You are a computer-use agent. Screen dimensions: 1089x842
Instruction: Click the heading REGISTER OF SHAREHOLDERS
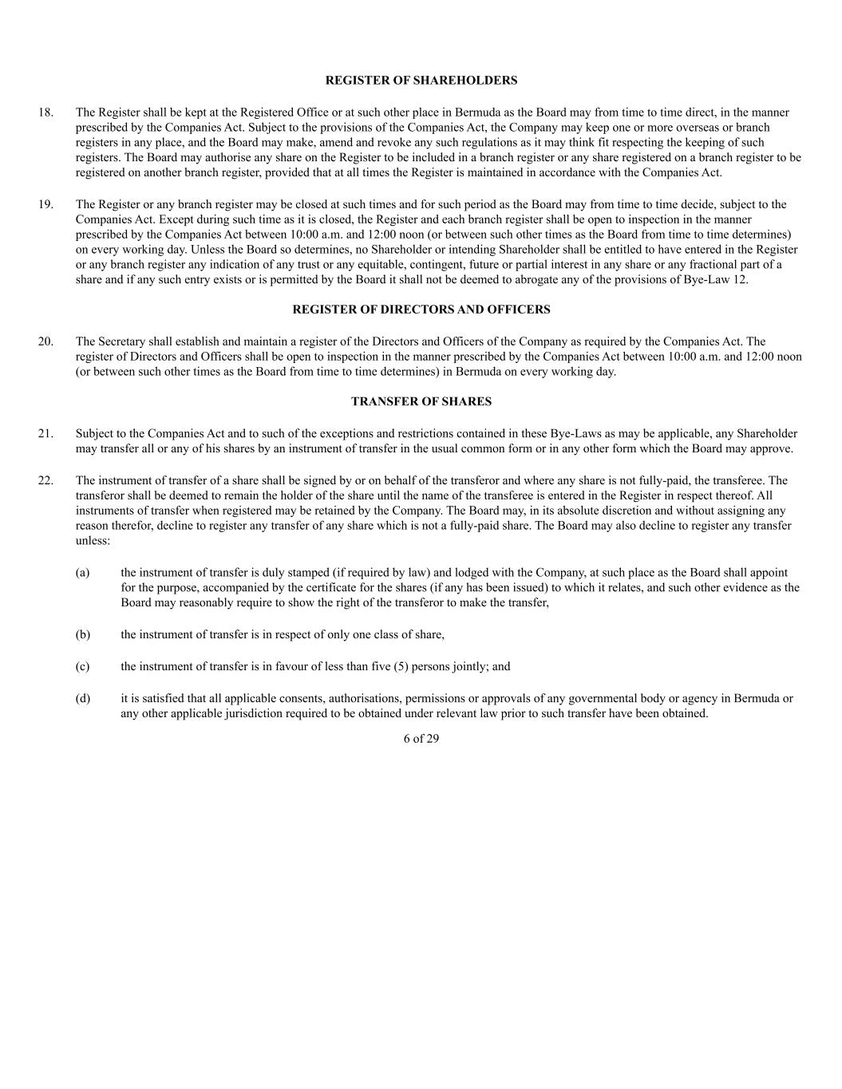pyautogui.click(x=421, y=81)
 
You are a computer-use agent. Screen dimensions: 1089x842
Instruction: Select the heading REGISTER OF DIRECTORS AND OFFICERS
pyautogui.click(x=421, y=310)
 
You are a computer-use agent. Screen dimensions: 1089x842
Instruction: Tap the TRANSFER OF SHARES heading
pyautogui.click(x=421, y=401)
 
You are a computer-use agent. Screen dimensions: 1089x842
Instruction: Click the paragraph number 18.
pyautogui.click(x=45, y=112)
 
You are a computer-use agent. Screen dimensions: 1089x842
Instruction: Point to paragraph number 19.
pyautogui.click(x=45, y=204)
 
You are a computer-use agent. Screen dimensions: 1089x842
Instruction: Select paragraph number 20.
pyautogui.click(x=45, y=341)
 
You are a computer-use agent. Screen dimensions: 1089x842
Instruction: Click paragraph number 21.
pyautogui.click(x=45, y=433)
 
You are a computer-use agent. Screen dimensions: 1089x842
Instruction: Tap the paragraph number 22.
pyautogui.click(x=45, y=480)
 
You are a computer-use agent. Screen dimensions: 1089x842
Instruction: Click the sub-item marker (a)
pyautogui.click(x=82, y=572)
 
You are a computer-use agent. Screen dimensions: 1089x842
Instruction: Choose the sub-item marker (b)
pyautogui.click(x=82, y=635)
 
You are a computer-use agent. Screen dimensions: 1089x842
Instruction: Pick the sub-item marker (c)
pyautogui.click(x=82, y=666)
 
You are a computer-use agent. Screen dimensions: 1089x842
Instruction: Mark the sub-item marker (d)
pyautogui.click(x=82, y=698)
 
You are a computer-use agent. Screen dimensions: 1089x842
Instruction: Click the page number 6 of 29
pyautogui.click(x=421, y=739)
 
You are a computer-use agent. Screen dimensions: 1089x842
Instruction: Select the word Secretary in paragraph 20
pyautogui.click(x=120, y=341)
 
